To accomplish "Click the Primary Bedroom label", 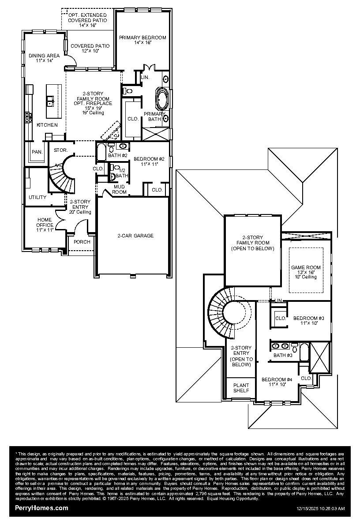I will pyautogui.click(x=142, y=38).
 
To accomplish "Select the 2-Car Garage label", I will pyautogui.click(x=135, y=236).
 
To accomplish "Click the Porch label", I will pyautogui.click(x=82, y=242).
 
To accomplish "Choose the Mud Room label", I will pyautogui.click(x=120, y=189).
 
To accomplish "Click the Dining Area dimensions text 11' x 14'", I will pyautogui.click(x=44, y=61).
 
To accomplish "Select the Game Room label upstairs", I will pyautogui.click(x=306, y=267).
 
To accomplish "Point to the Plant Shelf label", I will pyautogui.click(x=241, y=387).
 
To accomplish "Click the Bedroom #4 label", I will pyautogui.click(x=277, y=379).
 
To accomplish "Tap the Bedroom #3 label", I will pyautogui.click(x=309, y=318).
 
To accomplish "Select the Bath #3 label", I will pyautogui.click(x=283, y=355).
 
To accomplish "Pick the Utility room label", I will pyautogui.click(x=37, y=197).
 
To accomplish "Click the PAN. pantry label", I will pyautogui.click(x=37, y=152).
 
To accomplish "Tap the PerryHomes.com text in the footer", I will pyautogui.click(x=41, y=508).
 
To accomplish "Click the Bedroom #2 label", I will pyautogui.click(x=149, y=159).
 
